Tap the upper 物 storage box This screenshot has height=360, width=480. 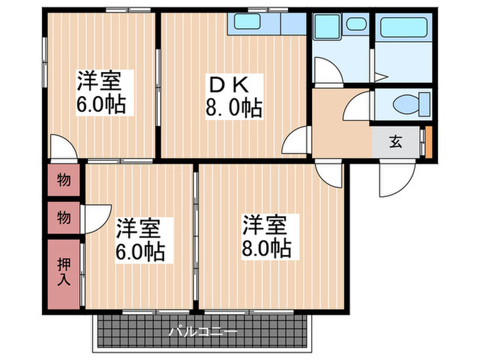(64, 181)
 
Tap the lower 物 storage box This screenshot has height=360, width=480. (64, 218)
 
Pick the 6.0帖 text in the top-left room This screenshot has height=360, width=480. (101, 106)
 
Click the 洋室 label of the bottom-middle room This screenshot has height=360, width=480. (141, 227)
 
